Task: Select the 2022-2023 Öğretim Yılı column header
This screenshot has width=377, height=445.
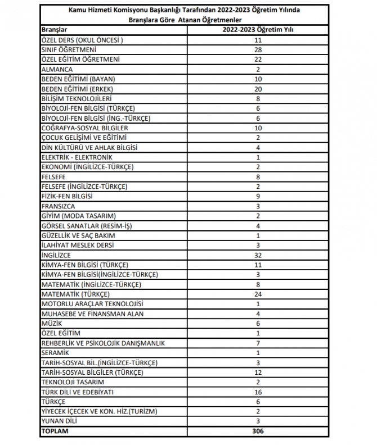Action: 259,29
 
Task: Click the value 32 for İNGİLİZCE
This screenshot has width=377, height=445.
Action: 259,255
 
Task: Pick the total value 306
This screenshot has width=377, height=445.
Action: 259,431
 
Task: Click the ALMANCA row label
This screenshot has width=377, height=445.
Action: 57,70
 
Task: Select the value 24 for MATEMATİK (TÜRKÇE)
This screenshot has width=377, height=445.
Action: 259,294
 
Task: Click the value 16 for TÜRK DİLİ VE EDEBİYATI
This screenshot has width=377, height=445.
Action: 259,392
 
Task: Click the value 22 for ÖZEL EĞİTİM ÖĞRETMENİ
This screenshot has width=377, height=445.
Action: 259,60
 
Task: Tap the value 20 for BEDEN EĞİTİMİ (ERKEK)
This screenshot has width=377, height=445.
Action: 259,89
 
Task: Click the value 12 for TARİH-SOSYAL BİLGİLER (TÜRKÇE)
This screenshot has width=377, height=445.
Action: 259,372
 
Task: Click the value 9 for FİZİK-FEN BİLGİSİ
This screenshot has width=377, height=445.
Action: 259,196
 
